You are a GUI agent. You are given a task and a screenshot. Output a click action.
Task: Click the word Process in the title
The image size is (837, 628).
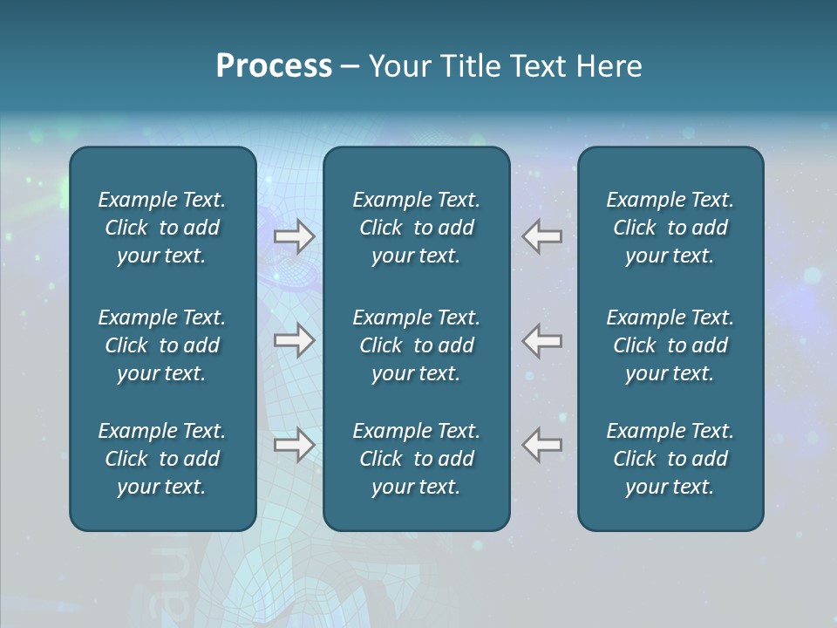click(274, 66)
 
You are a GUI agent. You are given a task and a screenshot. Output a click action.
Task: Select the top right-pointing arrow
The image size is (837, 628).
click(294, 236)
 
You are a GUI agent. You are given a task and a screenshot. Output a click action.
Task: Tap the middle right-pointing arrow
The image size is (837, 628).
click(294, 340)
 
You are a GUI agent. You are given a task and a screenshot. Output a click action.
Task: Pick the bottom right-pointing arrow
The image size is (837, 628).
click(294, 445)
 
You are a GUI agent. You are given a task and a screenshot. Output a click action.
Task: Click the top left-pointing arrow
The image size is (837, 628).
click(542, 236)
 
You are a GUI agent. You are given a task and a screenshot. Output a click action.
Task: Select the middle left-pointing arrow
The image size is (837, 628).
click(542, 340)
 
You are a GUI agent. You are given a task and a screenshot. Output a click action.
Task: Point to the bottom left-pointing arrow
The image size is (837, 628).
click(542, 445)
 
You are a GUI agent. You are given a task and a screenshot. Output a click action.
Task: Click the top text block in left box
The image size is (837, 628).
click(162, 228)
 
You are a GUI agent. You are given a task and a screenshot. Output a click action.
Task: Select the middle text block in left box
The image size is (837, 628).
click(162, 345)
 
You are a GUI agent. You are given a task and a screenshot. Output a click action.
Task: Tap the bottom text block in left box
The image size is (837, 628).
click(162, 459)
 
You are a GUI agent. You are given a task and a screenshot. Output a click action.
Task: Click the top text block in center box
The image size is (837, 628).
click(416, 228)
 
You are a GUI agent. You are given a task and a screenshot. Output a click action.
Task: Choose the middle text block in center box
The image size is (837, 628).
click(416, 345)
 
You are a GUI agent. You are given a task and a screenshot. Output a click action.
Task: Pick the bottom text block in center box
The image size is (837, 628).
click(416, 459)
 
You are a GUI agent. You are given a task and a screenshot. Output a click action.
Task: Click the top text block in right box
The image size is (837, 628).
click(670, 228)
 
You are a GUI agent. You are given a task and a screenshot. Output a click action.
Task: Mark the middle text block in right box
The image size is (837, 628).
click(670, 345)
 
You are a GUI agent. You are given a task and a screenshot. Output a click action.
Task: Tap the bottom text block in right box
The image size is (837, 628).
click(670, 459)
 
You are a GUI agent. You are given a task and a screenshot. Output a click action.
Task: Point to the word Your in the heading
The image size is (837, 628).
click(400, 66)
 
